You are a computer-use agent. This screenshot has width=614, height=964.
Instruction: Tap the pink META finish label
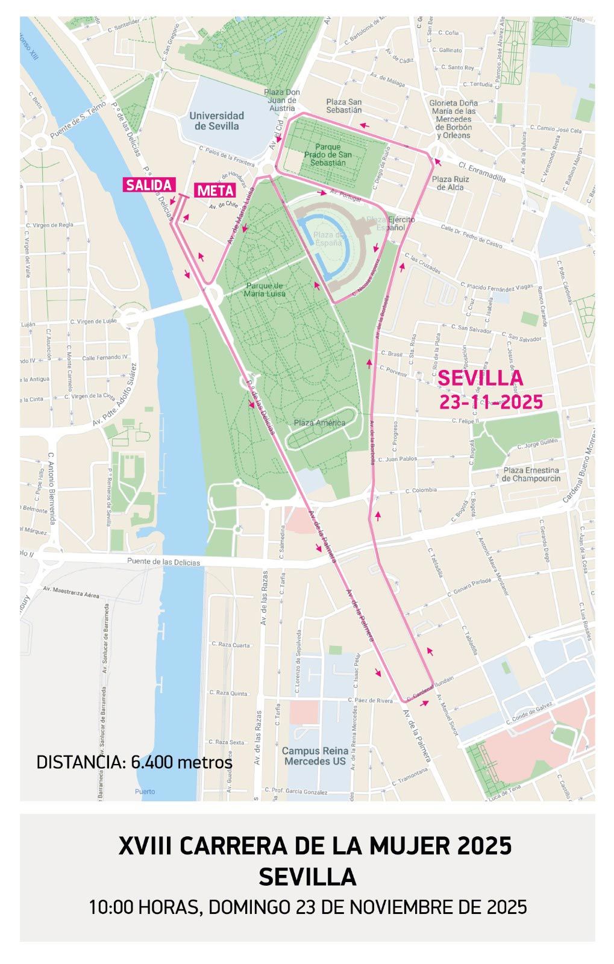pyautogui.click(x=215, y=190)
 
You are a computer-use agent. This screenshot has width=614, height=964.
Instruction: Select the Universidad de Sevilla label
pyautogui.click(x=216, y=120)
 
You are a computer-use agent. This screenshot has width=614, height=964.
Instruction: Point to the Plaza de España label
pyautogui.click(x=330, y=239)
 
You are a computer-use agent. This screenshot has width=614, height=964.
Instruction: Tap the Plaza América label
pyautogui.click(x=319, y=422)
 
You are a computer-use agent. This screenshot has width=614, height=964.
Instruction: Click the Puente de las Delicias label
pyautogui.click(x=163, y=562)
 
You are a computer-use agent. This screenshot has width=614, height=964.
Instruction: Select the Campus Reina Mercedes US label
pyautogui.click(x=316, y=756)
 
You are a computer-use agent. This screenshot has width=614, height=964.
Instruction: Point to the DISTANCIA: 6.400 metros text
pyautogui.click(x=134, y=762)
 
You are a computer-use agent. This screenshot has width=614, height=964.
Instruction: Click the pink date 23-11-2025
pyautogui.click(x=490, y=402)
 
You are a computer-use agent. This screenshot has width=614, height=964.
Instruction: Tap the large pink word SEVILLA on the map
pyautogui.click(x=480, y=378)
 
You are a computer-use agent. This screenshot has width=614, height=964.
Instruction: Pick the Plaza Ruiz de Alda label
pyautogui.click(x=450, y=183)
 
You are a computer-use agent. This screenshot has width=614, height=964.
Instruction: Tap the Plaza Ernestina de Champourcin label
pyautogui.click(x=530, y=474)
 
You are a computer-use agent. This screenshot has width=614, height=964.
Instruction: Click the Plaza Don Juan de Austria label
pyautogui.click(x=282, y=100)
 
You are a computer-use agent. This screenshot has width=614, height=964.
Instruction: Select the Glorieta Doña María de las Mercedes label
pyautogui.click(x=453, y=119)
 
